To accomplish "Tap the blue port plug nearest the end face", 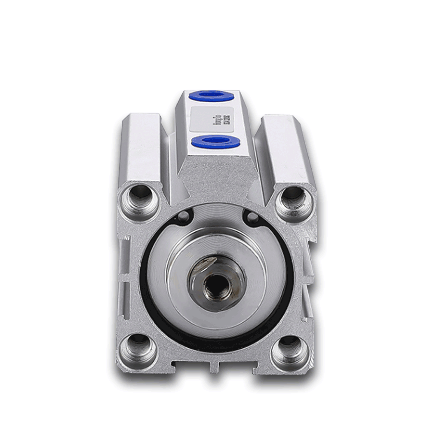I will tap(215, 141).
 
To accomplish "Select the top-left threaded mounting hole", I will tap(138, 197).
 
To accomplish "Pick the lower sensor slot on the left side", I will tap(125, 301).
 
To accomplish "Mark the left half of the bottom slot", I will tap(191, 365).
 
